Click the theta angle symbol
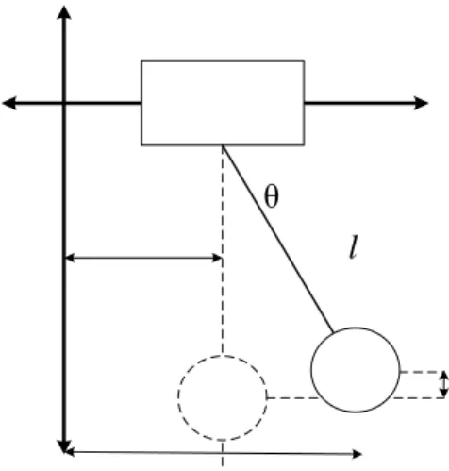tap(272, 197)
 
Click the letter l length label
tap(354, 247)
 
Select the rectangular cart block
tap(223, 103)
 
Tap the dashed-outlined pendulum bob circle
tap(223, 355)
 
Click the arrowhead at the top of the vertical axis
tap(64, 12)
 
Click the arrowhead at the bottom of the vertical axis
tap(64, 446)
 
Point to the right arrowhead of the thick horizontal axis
tap(422, 103)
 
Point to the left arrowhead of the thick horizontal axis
tap(9, 103)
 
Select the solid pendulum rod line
tap(277, 239)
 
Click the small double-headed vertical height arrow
tap(443, 384)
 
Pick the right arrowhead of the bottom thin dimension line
tap(358, 454)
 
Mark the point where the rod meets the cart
tap(223, 145)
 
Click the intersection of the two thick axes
tap(64, 103)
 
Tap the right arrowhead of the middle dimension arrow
tap(218, 258)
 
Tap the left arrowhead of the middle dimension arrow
tap(69, 258)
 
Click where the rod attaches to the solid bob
tap(333, 332)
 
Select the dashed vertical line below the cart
tap(223, 250)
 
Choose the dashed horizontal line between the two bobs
tap(292, 398)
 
